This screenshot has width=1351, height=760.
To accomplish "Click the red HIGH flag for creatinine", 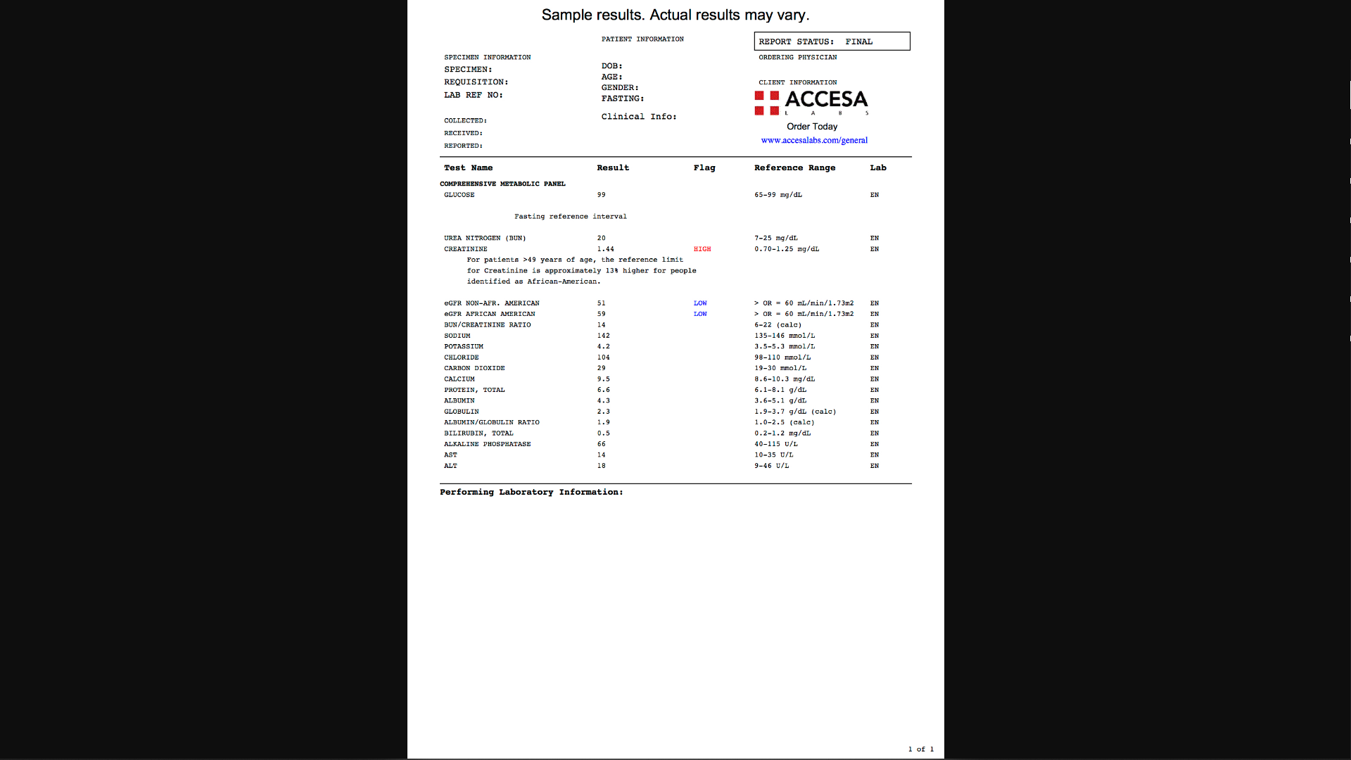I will (702, 249).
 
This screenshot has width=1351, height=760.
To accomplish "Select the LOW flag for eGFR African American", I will (699, 314).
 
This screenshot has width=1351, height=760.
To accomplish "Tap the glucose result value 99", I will (601, 195).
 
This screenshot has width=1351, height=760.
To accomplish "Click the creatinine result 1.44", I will (605, 249).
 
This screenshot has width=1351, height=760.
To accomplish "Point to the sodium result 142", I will (603, 336).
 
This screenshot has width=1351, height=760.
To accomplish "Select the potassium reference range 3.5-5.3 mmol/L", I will (785, 346).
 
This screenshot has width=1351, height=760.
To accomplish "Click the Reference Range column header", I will (794, 167).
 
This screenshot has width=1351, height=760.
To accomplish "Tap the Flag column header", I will (704, 167).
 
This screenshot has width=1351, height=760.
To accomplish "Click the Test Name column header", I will (468, 167).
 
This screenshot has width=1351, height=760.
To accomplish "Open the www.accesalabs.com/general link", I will (814, 140).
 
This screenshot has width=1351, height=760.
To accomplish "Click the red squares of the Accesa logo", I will (766, 103).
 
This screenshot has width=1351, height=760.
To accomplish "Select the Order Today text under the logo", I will (812, 127).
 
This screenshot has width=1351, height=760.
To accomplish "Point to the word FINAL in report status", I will (858, 42).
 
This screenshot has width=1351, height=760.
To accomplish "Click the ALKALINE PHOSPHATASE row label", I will (487, 444).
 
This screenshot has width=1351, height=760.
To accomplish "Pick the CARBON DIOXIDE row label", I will (474, 368).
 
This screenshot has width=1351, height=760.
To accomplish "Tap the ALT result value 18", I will (601, 466).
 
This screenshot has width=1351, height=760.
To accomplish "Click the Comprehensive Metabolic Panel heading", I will (502, 184).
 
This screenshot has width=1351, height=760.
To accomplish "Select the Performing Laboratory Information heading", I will (531, 492).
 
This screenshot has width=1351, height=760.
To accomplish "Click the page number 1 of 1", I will (920, 749).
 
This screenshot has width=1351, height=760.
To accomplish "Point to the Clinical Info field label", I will (638, 117).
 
